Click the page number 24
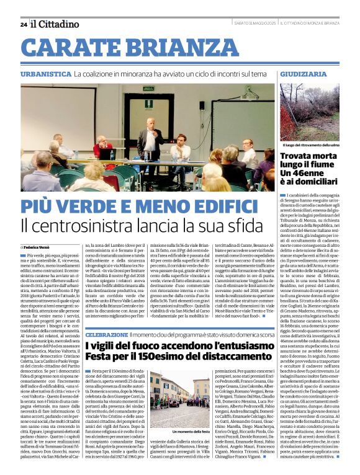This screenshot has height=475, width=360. (23, 24)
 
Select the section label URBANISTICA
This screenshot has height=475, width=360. (45, 74)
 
